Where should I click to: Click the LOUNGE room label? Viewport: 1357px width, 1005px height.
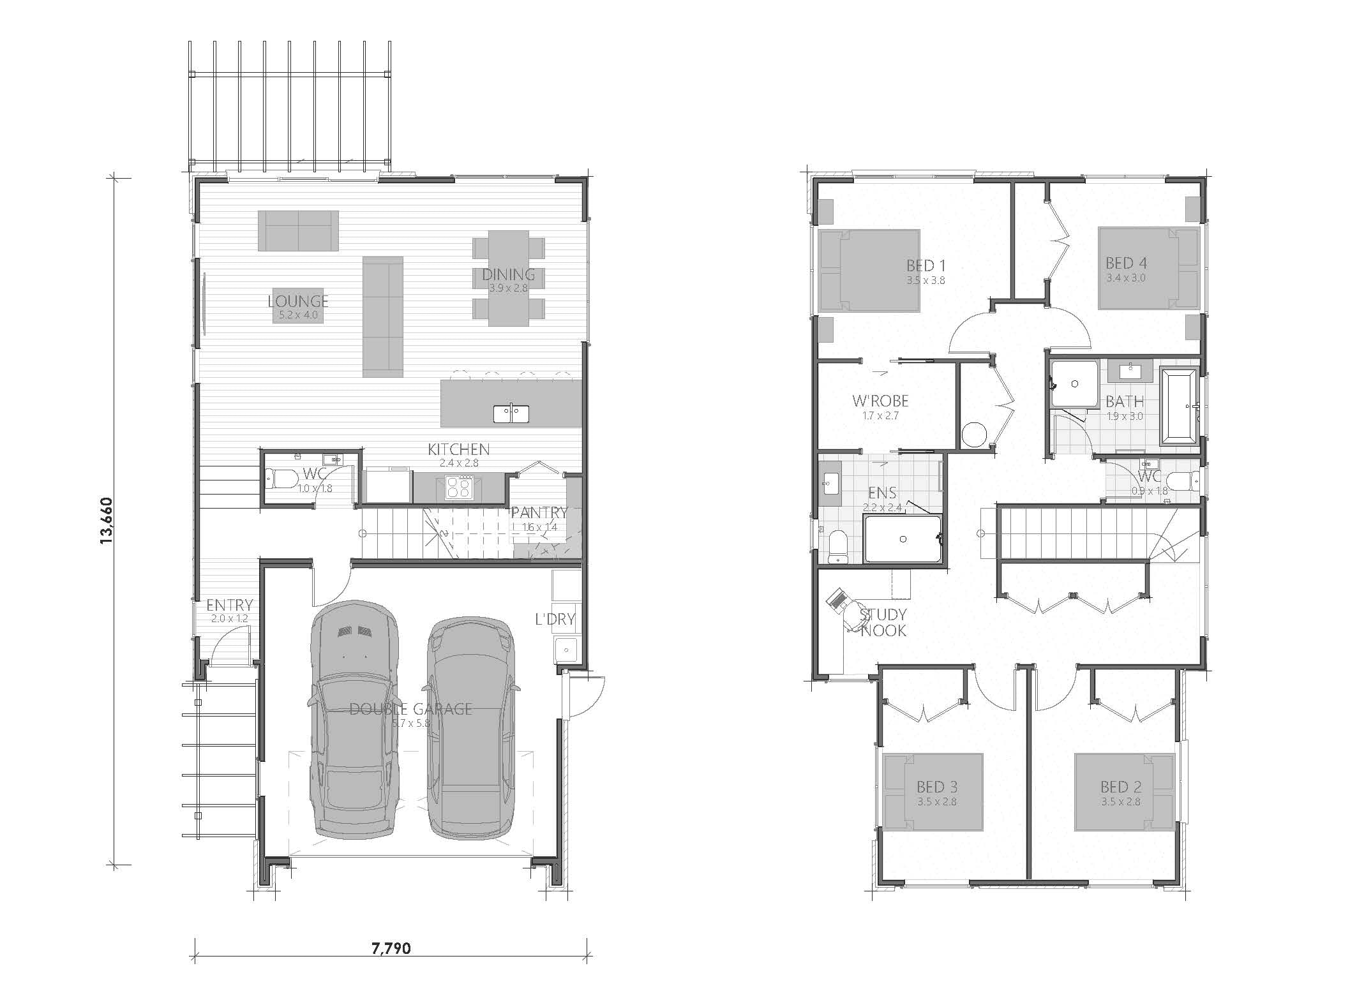298,301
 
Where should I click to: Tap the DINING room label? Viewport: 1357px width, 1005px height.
508,274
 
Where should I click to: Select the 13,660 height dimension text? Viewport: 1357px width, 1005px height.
106,521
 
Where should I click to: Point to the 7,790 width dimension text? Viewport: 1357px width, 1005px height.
391,966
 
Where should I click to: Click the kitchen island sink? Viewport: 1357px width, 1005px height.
511,413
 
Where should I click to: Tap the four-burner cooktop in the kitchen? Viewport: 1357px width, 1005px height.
458,488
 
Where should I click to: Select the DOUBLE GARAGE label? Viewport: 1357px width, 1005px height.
410,708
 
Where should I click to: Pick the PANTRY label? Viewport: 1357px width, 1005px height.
539,512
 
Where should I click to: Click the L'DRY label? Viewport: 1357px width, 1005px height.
555,618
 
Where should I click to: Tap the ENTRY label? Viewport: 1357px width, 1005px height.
230,605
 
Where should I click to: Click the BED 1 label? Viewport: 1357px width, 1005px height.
926,265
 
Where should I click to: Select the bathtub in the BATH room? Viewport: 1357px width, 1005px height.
1179,406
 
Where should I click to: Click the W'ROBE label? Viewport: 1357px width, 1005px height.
880,401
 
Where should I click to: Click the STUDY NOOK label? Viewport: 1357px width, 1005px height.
883,622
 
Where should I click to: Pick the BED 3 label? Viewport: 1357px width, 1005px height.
937,787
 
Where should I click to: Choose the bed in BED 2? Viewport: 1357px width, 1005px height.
1124,792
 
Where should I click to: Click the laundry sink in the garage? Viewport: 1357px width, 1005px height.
566,650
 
